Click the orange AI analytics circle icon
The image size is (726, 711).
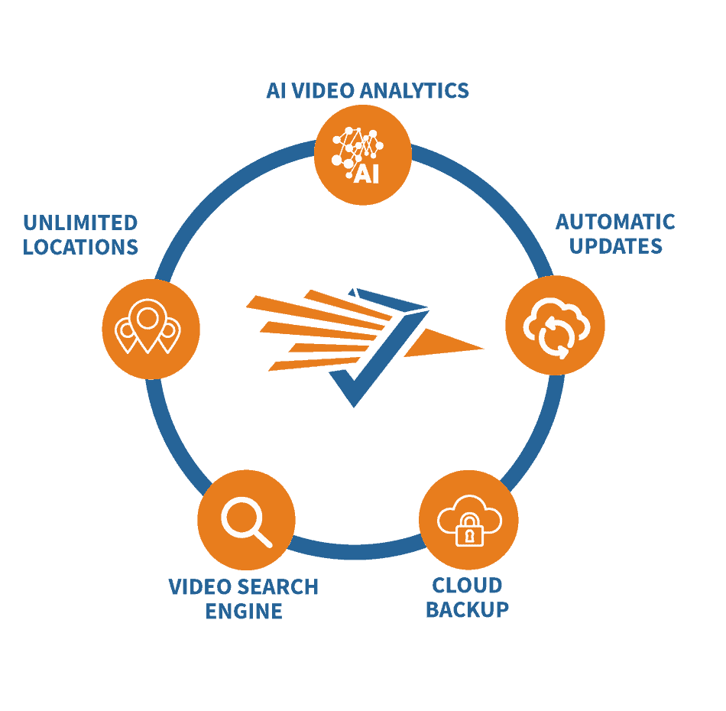[x=363, y=155]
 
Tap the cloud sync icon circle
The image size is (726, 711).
[x=555, y=326]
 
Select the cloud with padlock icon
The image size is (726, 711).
[x=468, y=521]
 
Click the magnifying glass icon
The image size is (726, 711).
[x=246, y=520]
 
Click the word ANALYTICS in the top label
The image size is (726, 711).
[x=414, y=91]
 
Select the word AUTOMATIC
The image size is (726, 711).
[x=615, y=222]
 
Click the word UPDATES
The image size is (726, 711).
[x=615, y=246]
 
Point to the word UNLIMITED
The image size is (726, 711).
[x=80, y=223]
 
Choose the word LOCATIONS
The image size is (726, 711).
[x=80, y=248]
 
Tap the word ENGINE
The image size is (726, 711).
[x=244, y=612]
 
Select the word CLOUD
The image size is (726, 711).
[x=467, y=586]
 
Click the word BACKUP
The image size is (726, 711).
[x=467, y=610]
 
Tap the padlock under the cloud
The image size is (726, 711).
[x=469, y=531]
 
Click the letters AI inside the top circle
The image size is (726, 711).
[x=366, y=174]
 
